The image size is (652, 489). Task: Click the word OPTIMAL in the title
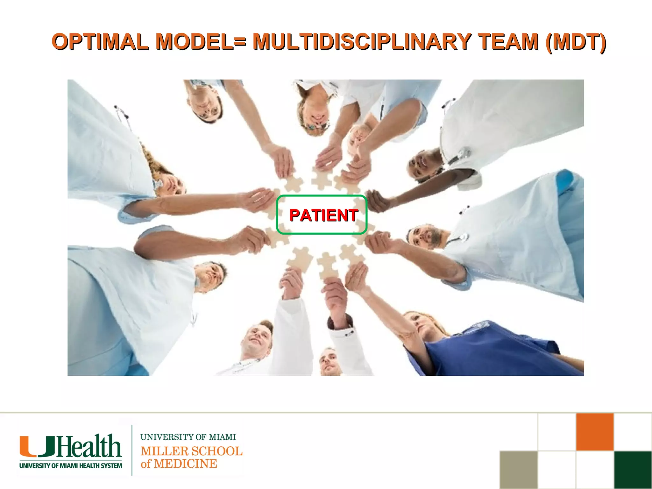pos(100,42)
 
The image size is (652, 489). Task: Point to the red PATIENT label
pos(323,215)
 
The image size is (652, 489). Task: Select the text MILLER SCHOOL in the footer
pos(191,451)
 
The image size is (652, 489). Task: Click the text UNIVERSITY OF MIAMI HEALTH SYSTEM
pos(71,466)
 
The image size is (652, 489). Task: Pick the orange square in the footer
pos(595,432)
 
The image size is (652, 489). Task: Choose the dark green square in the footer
pos(633,470)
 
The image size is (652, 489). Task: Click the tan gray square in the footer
pos(519,470)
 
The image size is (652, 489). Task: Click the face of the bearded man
pos(425,236)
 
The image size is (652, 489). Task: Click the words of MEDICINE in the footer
pos(179,464)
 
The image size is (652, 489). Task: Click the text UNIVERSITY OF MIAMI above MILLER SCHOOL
pos(188,437)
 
